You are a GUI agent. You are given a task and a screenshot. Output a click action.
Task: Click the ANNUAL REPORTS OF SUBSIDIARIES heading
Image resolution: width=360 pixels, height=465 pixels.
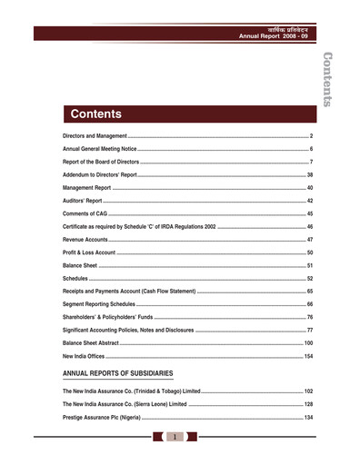pos(117,372)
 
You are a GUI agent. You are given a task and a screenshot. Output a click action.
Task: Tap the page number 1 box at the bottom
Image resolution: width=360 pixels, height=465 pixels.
pos(173,437)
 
